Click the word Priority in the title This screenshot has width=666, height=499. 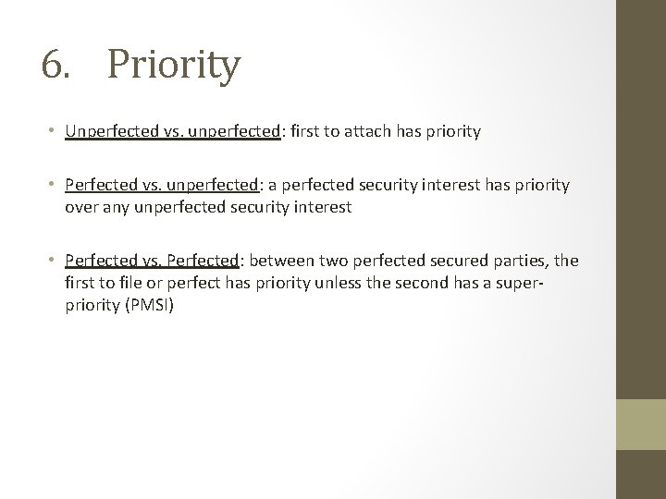click(x=174, y=67)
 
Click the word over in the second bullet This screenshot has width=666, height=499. click(x=80, y=207)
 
